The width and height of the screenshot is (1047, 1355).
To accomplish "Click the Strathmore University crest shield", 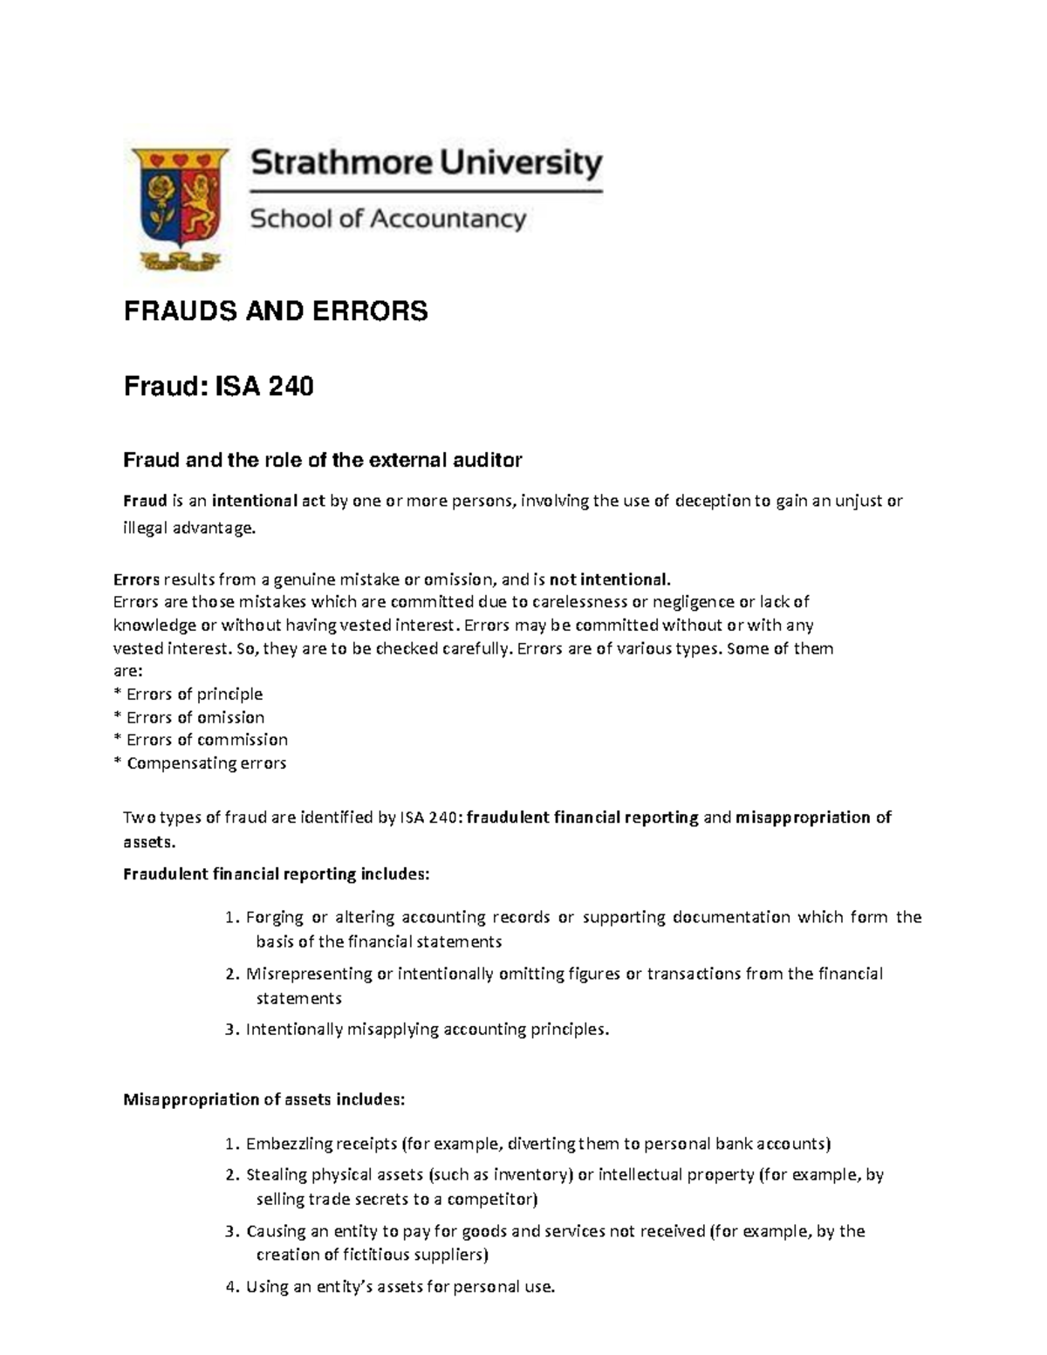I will [180, 201].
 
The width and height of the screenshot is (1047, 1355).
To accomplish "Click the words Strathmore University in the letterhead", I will [427, 164].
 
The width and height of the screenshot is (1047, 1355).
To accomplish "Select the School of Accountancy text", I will [388, 218].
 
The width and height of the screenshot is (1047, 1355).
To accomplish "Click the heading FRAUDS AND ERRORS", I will [276, 311].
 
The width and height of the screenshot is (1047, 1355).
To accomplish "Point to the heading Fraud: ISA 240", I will [218, 386].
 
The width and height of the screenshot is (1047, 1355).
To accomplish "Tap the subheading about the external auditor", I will [322, 460].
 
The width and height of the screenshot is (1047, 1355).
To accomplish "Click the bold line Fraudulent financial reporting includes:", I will [277, 874].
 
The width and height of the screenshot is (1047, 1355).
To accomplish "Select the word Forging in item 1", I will [275, 917].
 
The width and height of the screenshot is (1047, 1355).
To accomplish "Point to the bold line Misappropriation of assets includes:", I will [264, 1099].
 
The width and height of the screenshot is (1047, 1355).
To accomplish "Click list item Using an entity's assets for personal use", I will [400, 1287].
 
